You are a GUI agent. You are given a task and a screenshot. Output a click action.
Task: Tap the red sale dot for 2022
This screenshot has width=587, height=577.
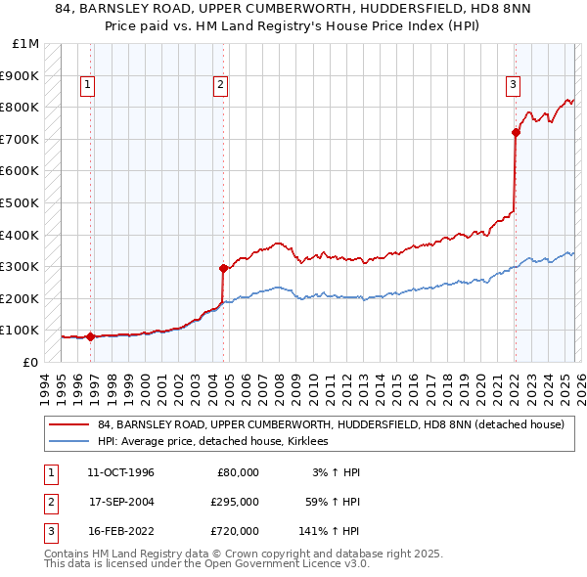(516, 133)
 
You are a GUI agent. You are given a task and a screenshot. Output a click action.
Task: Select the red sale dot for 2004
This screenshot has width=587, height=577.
(224, 268)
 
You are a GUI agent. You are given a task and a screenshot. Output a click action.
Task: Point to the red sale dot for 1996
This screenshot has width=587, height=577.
(91, 336)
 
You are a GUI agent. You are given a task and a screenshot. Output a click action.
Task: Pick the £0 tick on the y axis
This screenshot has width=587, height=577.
(29, 362)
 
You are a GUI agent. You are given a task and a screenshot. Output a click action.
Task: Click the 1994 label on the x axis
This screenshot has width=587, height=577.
(45, 385)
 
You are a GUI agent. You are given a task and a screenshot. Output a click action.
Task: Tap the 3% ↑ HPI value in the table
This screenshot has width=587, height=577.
(336, 472)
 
